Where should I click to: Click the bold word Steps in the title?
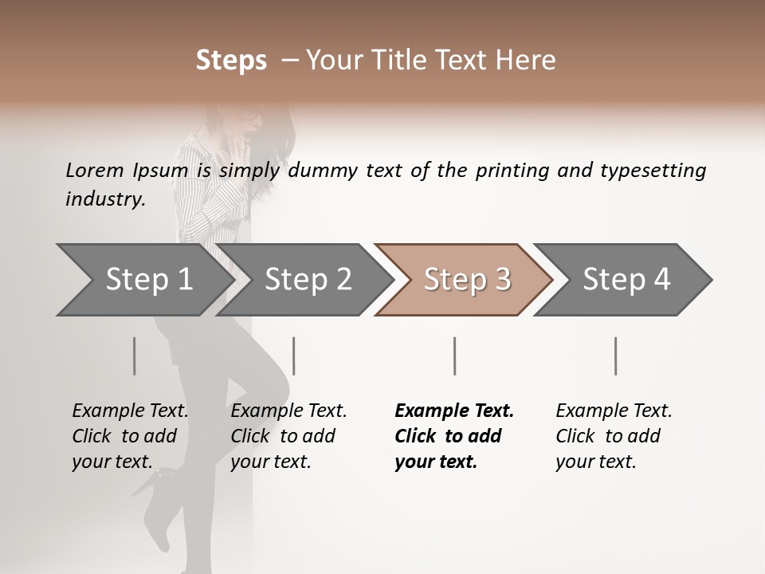pyautogui.click(x=231, y=61)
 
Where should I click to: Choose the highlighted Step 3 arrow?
pyautogui.click(x=467, y=280)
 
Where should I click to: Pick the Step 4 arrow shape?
pyautogui.click(x=626, y=280)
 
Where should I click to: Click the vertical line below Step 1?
pyautogui.click(x=135, y=356)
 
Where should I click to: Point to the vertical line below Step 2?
pyautogui.click(x=294, y=356)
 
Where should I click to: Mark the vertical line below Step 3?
pyautogui.click(x=455, y=356)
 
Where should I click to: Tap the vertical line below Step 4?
pyautogui.click(x=616, y=356)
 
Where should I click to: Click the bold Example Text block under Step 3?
pyautogui.click(x=454, y=436)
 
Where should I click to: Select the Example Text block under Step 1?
pyautogui.click(x=130, y=436)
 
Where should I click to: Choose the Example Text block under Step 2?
pyautogui.click(x=288, y=436)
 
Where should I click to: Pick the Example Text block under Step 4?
pyautogui.click(x=614, y=436)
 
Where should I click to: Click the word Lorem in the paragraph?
pyautogui.click(x=94, y=170)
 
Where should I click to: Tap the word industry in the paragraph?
pyautogui.click(x=105, y=199)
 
